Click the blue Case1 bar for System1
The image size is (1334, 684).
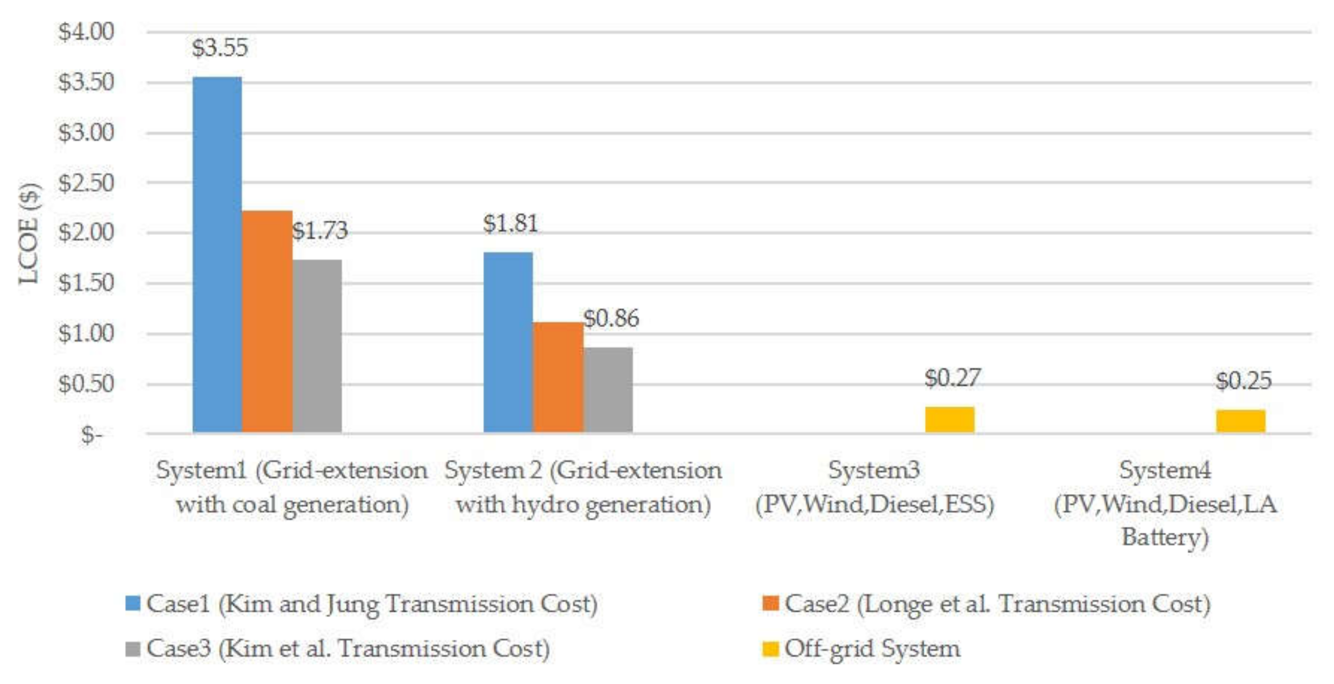click(217, 255)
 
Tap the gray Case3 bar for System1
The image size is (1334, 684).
click(317, 346)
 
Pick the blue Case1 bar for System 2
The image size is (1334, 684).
click(508, 342)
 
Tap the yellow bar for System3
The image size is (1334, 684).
click(949, 420)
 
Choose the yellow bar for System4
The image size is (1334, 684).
click(1240, 421)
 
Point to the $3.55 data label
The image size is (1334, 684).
click(220, 48)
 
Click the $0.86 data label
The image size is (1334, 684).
click(611, 318)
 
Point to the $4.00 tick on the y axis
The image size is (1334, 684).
click(86, 32)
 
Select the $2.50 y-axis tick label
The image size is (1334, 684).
click(86, 183)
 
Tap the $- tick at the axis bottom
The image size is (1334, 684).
click(91, 435)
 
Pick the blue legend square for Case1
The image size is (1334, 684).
click(132, 603)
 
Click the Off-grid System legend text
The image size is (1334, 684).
click(872, 649)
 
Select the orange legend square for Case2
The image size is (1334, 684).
click(770, 603)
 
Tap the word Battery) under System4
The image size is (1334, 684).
click(1165, 538)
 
